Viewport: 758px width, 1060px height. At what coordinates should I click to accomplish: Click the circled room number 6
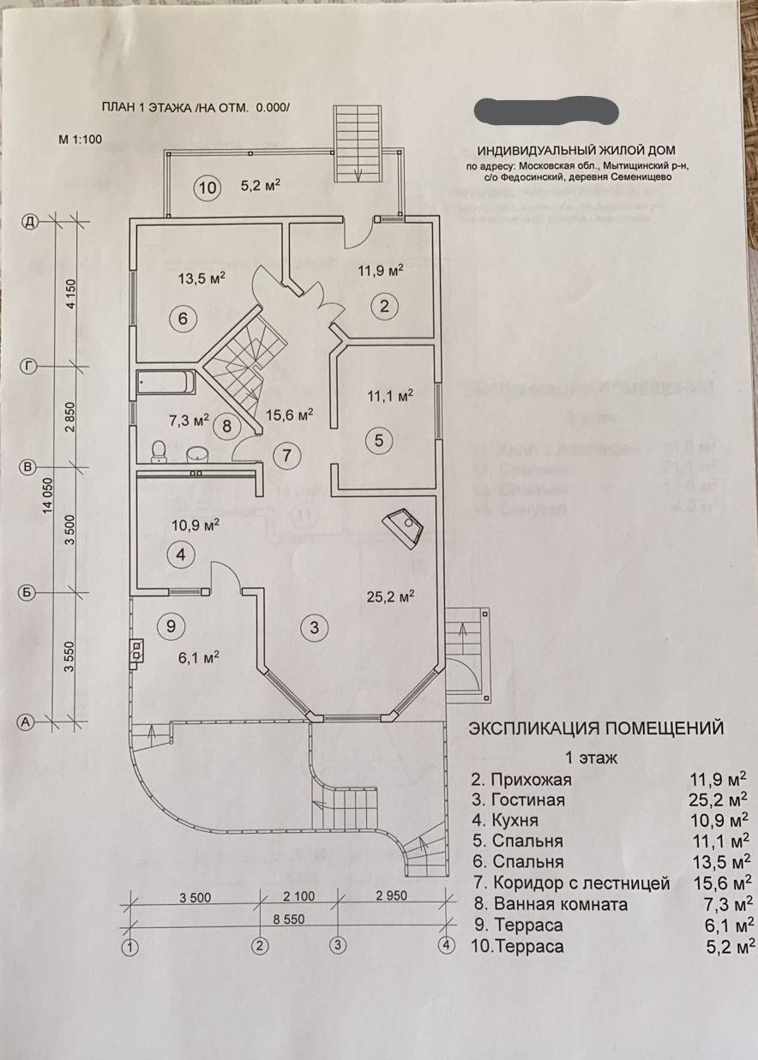point(183,319)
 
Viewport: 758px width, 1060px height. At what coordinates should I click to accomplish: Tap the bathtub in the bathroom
point(168,381)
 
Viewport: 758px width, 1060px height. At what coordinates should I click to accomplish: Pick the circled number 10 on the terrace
point(207,188)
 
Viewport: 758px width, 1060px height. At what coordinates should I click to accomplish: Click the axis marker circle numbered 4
point(445,946)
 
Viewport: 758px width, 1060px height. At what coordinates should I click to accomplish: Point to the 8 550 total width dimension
point(289,919)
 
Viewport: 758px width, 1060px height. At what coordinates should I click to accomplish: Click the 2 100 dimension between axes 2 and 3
point(299,896)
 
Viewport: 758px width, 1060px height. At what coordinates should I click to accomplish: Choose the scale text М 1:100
point(80,138)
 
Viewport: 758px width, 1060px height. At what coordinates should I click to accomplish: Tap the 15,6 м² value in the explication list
point(721,882)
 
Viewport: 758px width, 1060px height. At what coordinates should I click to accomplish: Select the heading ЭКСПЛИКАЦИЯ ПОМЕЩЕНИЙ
point(595,728)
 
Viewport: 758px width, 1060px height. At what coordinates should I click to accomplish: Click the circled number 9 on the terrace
point(171,626)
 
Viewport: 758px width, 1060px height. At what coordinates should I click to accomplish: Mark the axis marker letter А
point(27,722)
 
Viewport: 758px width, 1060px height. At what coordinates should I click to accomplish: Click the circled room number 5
point(378,440)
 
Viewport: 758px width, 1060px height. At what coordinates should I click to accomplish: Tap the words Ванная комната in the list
point(560,904)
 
